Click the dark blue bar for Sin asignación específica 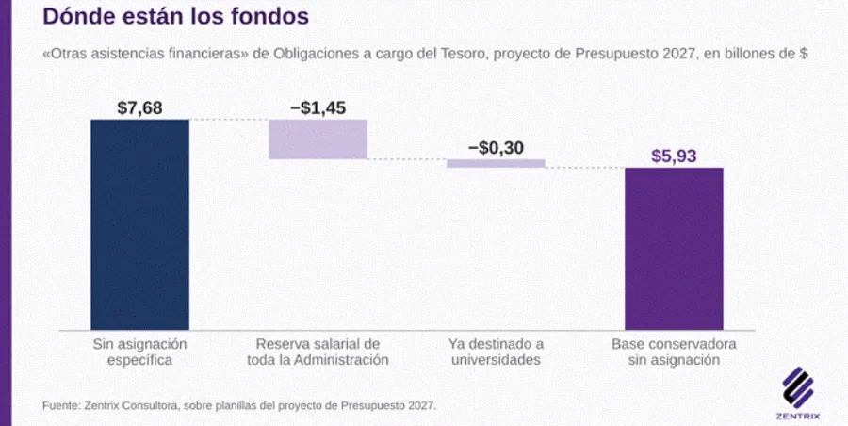pos(140,224)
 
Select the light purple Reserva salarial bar pos(318,139)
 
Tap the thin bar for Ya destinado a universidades pos(496,163)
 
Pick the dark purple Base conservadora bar pos(674,249)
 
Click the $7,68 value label pos(140,108)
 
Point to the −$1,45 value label pos(318,108)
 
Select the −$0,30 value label pos(496,148)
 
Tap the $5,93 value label pos(674,156)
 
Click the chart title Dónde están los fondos pos(176,16)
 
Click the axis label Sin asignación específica pos(140,352)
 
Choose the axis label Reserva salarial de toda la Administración pos(318,352)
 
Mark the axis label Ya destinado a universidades pos(496,352)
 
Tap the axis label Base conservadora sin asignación pos(674,352)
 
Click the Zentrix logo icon pos(798,387)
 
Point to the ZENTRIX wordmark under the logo pos(798,417)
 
